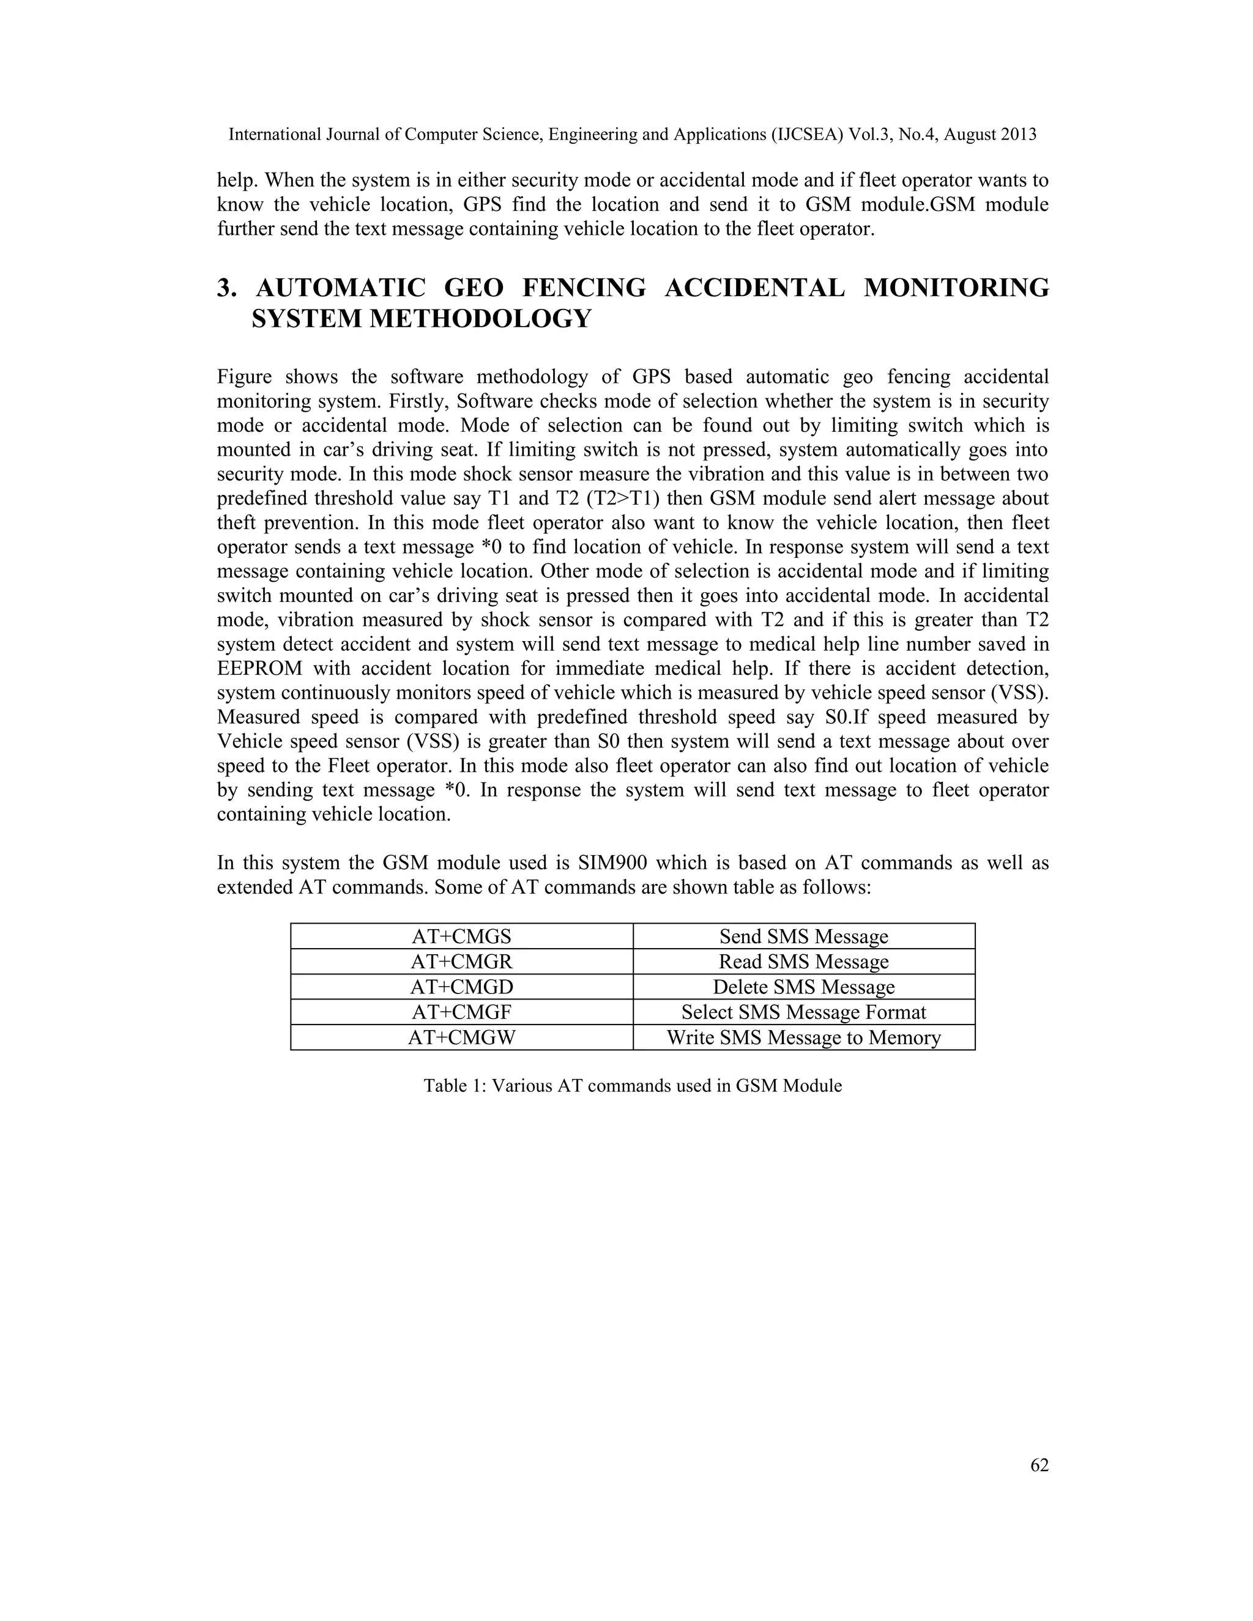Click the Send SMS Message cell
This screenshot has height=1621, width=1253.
(803, 937)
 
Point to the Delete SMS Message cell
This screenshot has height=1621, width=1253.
(803, 987)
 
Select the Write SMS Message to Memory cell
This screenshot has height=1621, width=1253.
(803, 1037)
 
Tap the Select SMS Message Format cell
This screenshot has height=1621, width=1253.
(803, 1012)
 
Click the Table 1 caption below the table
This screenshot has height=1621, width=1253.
(633, 1086)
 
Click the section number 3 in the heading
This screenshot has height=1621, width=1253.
(224, 288)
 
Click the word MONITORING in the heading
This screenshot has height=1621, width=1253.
(956, 288)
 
